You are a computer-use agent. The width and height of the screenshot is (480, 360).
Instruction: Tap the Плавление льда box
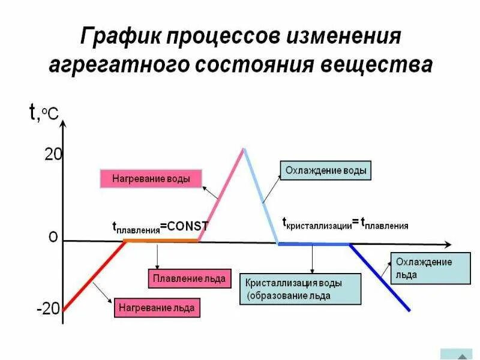tap(189, 278)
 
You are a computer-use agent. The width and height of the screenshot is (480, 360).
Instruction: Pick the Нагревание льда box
tap(157, 308)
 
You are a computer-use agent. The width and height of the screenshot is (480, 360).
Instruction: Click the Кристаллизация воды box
tap(300, 289)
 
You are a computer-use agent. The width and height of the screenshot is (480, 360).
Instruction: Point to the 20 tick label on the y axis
tap(53, 154)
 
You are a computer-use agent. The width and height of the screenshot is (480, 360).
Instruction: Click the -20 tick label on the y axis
tap(48, 310)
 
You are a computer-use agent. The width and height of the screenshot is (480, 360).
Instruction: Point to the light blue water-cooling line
tap(260, 195)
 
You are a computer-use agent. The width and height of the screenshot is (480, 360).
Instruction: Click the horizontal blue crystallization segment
tap(313, 244)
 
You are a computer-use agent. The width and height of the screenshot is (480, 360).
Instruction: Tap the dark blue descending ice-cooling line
tap(380, 277)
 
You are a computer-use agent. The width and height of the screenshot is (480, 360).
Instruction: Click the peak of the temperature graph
tap(244, 149)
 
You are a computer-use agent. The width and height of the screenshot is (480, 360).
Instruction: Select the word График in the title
tap(119, 37)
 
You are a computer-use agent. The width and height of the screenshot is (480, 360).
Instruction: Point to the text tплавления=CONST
tap(160, 227)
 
